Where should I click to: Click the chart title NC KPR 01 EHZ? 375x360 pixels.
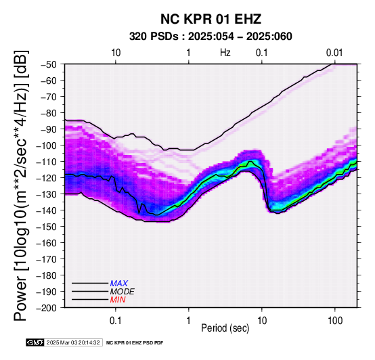(x=211, y=19)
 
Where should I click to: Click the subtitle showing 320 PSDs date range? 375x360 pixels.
(x=211, y=37)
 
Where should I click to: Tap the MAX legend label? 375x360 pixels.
(x=119, y=284)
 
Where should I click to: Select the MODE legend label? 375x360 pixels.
(x=123, y=292)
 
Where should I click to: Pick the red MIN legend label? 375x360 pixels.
(x=118, y=300)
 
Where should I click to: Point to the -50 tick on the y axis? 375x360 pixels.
(x=49, y=64)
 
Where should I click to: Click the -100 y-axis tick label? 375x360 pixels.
(x=47, y=145)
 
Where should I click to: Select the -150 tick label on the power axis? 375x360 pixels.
(x=47, y=227)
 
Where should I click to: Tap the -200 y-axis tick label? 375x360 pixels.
(x=47, y=308)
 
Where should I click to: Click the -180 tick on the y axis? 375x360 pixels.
(x=47, y=275)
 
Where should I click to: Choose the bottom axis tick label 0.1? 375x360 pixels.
(x=116, y=320)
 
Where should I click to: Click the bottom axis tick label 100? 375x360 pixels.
(x=335, y=320)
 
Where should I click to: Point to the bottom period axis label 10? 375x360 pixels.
(x=262, y=320)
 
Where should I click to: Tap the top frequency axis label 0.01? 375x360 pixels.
(x=334, y=53)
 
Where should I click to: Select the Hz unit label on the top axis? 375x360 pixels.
(x=225, y=53)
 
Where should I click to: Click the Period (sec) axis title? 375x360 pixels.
(x=225, y=328)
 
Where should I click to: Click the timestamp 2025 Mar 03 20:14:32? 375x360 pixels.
(x=73, y=342)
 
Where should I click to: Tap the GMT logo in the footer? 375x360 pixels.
(x=35, y=342)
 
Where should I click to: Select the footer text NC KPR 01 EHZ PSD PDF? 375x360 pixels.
(x=135, y=343)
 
